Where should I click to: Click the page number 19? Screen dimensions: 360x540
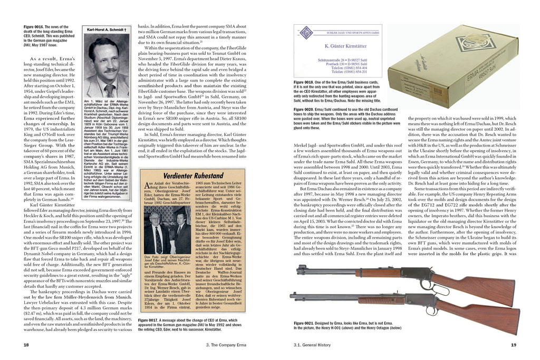[513, 345]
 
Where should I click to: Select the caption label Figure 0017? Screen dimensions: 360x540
[149, 320]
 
